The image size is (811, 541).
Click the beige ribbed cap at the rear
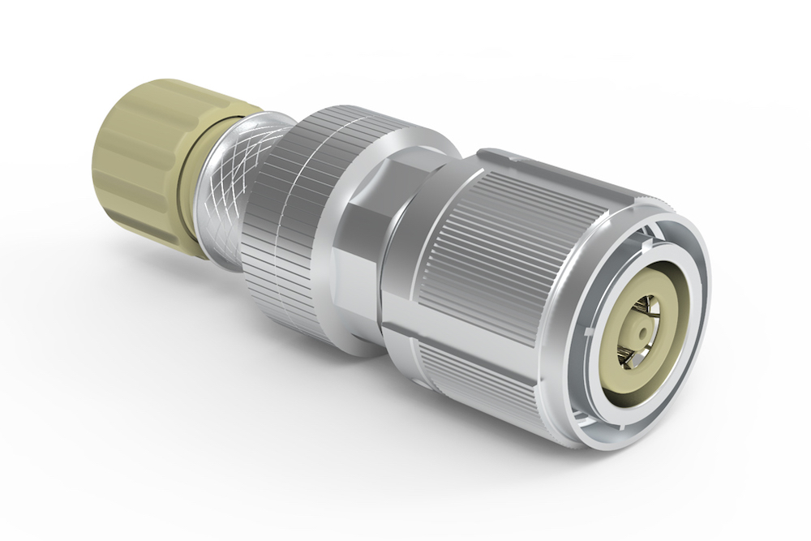click(x=146, y=158)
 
